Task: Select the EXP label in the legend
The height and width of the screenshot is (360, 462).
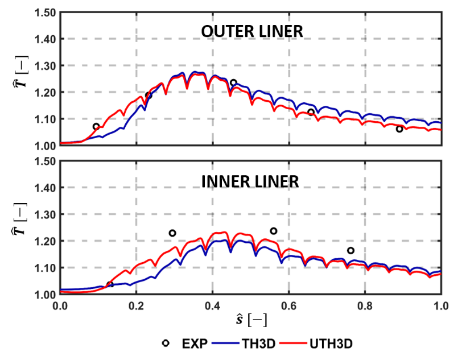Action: click(192, 344)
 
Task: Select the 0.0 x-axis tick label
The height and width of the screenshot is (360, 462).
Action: click(60, 304)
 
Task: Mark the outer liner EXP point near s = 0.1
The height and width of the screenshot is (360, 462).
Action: click(96, 126)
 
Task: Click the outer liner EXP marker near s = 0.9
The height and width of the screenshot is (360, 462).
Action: click(399, 129)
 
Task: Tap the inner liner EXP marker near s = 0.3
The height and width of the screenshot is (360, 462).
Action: click(172, 233)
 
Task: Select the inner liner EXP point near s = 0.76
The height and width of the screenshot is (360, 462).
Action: click(350, 251)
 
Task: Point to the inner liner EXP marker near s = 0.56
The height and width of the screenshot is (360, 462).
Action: click(274, 231)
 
